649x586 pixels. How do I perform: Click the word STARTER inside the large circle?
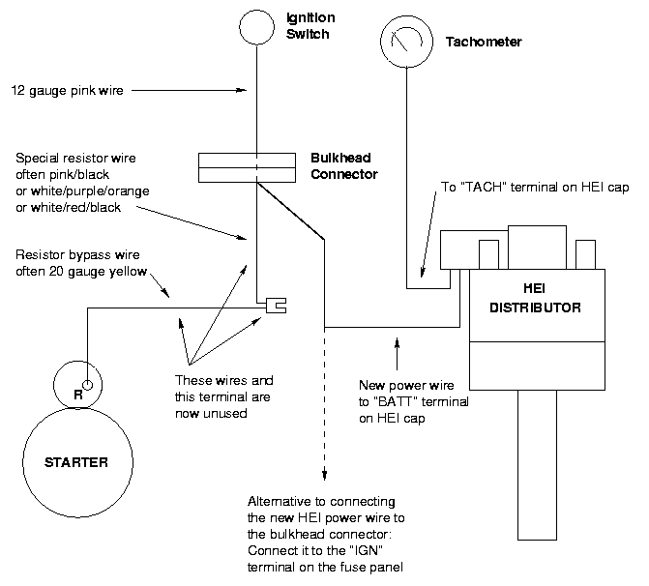coord(76,462)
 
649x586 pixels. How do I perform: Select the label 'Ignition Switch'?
coord(309,26)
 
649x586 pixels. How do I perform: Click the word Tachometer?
coord(484,43)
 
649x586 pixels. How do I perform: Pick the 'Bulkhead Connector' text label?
coord(343,165)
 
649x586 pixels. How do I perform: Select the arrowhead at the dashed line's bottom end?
coord(324,474)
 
